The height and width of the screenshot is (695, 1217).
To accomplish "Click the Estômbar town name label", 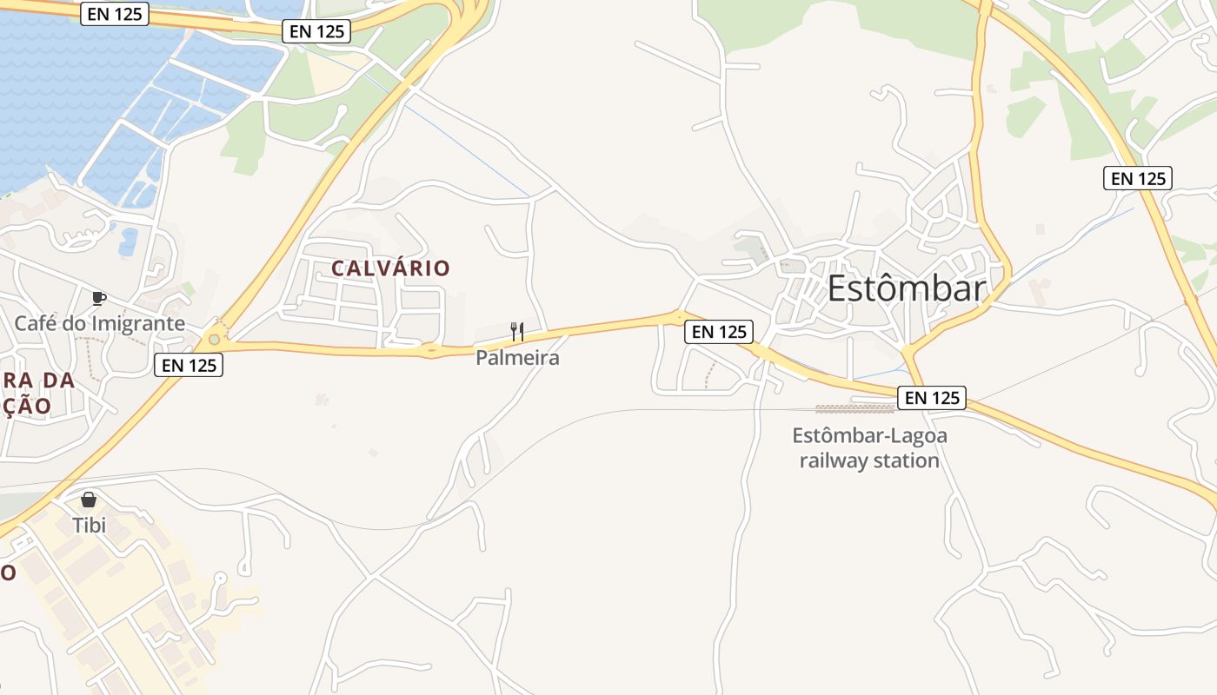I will [906, 288].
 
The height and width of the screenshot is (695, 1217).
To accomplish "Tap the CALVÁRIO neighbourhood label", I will [390, 268].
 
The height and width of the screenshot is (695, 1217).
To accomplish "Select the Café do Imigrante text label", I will [99, 324].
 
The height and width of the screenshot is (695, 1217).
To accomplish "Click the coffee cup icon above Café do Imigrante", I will [99, 299].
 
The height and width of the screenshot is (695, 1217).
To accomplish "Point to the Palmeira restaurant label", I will [517, 357].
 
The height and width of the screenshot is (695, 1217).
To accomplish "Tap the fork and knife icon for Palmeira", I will [517, 332].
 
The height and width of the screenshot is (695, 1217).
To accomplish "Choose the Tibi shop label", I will [89, 525].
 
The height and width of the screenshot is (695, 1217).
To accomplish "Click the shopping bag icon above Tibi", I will [89, 500].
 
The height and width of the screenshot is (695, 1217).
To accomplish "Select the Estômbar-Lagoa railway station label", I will [869, 447].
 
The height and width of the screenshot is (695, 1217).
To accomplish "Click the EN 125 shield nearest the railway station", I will [932, 398].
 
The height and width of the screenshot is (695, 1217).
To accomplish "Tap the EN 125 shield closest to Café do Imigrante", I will [189, 365].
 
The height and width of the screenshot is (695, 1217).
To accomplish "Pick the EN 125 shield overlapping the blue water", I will [115, 13].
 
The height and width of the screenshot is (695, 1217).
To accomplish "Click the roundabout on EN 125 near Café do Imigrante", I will [214, 339].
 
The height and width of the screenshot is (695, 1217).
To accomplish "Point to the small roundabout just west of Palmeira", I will [431, 351].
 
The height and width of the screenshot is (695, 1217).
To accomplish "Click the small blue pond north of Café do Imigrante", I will [128, 241].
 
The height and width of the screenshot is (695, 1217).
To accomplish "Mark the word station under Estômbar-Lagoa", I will [906, 460].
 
